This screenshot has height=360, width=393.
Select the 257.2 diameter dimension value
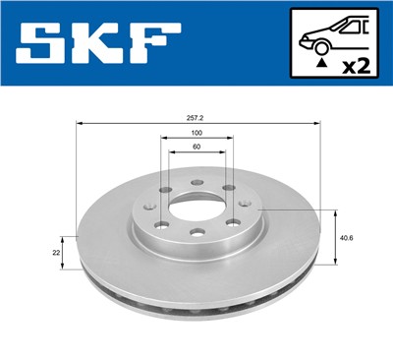pos(197,117)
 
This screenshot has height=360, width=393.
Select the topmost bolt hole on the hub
pos(196,183)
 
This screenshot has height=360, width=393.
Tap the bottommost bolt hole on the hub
pos(196,233)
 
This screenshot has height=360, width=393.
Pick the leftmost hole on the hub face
pos(151,208)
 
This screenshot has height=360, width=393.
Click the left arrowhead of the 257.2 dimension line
pos(79,124)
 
